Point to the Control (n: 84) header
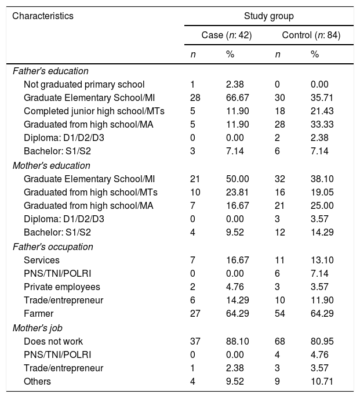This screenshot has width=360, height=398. [x=311, y=35]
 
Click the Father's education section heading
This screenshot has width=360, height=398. [x=50, y=71]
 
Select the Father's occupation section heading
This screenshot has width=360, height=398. [x=53, y=247]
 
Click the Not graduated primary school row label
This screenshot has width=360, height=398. [x=84, y=84]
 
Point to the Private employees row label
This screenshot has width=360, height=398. [x=62, y=287]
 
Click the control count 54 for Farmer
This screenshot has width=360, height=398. [x=280, y=314]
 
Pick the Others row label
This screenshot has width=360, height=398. [x=37, y=381]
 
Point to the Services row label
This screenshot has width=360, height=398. [x=39, y=260]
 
